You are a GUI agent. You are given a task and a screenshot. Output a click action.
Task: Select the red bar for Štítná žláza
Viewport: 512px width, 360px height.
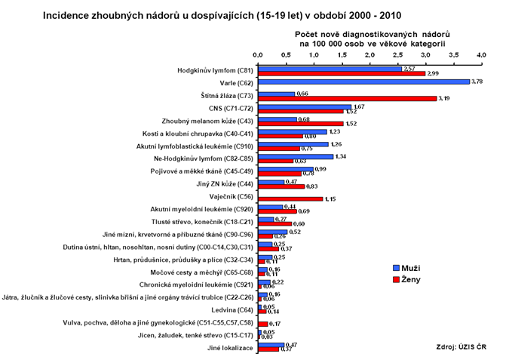click(x=347, y=98)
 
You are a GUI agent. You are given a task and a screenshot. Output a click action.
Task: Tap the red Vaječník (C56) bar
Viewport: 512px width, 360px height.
click(x=290, y=199)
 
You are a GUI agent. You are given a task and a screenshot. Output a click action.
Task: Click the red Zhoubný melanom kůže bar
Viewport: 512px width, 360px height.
click(x=300, y=124)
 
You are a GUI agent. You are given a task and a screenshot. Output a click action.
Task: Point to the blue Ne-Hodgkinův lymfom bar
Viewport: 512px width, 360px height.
click(x=295, y=157)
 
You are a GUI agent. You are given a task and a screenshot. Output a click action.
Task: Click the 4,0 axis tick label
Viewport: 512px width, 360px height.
click(x=481, y=56)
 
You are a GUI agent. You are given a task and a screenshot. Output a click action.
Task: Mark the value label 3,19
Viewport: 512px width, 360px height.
click(x=446, y=99)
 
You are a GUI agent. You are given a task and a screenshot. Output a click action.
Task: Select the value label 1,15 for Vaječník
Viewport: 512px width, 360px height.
click(x=331, y=200)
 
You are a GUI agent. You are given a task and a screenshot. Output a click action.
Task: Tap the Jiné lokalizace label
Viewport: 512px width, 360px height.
click(x=230, y=348)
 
